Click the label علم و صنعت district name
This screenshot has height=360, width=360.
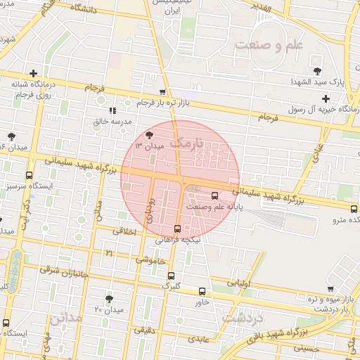click(268, 45)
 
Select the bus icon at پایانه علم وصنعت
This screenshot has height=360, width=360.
click(214, 196)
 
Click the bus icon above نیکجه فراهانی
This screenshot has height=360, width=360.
click(176, 229)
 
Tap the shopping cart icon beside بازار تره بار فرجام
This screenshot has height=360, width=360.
click(163, 92)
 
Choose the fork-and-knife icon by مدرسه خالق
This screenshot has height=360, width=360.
click(112, 110)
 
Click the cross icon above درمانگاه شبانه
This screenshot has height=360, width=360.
click(33, 73)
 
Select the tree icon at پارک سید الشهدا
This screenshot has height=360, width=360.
click(317, 70)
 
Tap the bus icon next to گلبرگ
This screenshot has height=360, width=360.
click(172, 276)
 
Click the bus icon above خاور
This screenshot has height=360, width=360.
click(202, 291)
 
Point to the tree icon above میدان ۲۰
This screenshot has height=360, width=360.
click(109, 299)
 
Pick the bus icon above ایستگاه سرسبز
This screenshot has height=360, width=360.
click(29, 176)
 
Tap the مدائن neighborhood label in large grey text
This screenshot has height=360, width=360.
click(65, 318)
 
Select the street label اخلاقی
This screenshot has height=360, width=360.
click(124, 230)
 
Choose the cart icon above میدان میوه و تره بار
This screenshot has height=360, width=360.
click(330, 288)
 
